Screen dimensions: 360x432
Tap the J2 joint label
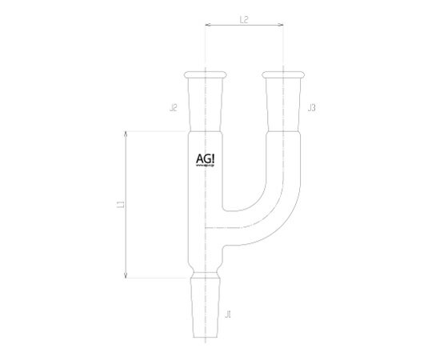[174, 106]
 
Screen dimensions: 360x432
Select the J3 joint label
[310, 106]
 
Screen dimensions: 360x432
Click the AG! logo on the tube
[205, 158]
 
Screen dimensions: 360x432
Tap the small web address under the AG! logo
[205, 168]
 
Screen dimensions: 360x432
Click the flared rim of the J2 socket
[206, 75]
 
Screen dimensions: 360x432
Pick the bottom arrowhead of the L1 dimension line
[126, 276]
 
